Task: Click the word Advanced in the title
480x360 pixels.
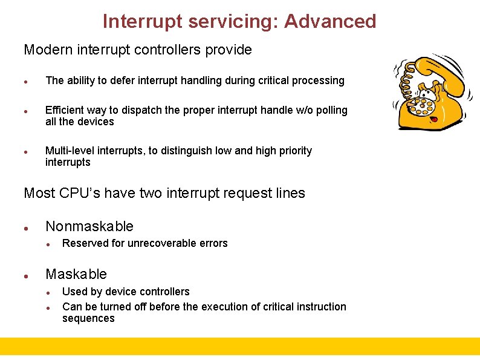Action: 330,21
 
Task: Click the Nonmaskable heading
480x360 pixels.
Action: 89,226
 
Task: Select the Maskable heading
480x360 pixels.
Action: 76,274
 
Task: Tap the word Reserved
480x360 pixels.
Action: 85,243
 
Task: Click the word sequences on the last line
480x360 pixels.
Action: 88,319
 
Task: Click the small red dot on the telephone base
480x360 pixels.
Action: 433,120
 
